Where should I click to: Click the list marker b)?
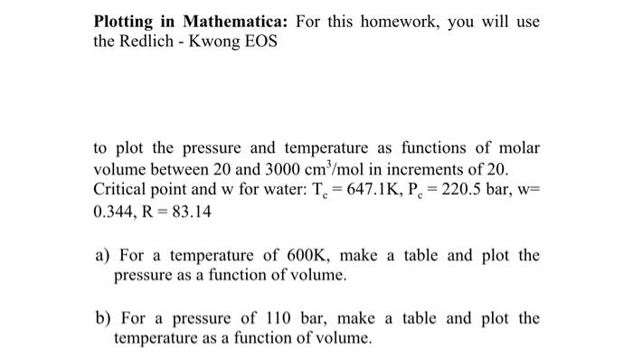pos(102,318)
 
